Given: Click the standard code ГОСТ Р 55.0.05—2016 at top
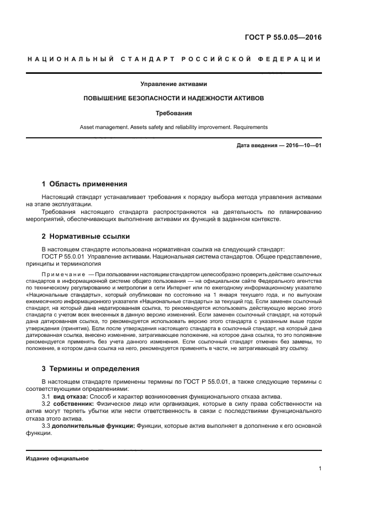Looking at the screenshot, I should pyautogui.click(x=283, y=37).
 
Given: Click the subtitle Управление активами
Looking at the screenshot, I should pyautogui.click(x=173, y=84).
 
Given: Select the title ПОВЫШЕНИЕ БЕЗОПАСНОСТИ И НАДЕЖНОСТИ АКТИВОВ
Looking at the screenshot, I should pyautogui.click(x=173, y=98).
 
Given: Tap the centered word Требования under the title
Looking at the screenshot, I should pyautogui.click(x=173, y=112).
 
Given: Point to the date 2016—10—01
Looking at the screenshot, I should pyautogui.click(x=302, y=146).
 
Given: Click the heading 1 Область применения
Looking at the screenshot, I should pyautogui.click(x=84, y=184).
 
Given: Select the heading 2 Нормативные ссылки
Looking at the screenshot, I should pyautogui.click(x=86, y=236).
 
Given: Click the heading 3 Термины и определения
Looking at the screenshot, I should pyautogui.click(x=91, y=368).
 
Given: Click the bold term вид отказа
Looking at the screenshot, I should pyautogui.click(x=70, y=397).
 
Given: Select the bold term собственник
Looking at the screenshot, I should pyautogui.click(x=76, y=404).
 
